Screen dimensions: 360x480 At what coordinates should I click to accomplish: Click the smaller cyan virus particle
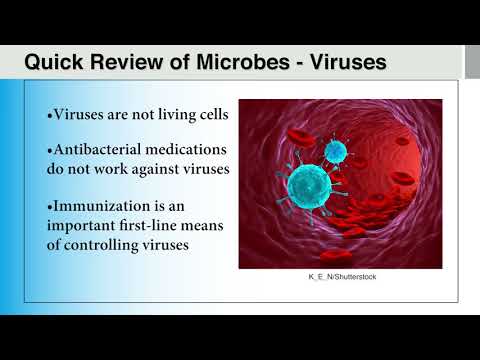pos(337,150)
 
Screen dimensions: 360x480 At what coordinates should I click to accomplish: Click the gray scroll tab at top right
pos(472,62)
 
